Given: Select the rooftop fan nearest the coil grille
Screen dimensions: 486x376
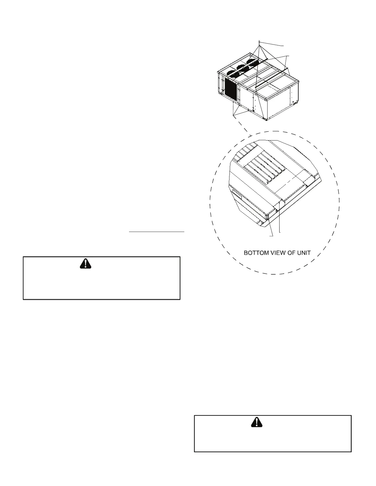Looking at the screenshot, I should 231,74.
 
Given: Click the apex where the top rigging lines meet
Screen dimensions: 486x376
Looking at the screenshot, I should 260,41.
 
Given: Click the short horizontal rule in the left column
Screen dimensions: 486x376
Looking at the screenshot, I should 156,232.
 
